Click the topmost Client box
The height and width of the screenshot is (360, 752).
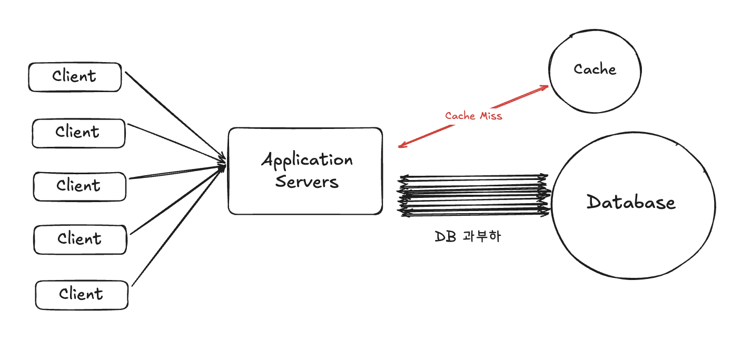click(x=75, y=77)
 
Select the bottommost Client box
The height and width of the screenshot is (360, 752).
click(x=82, y=295)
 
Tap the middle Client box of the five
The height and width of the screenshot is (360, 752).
click(x=80, y=186)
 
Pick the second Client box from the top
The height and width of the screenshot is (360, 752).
click(x=78, y=133)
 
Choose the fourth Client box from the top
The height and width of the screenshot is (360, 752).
click(x=80, y=240)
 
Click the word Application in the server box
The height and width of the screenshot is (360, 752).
click(x=307, y=160)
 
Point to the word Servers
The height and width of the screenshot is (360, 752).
click(x=307, y=182)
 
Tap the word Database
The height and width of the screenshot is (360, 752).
click(x=631, y=203)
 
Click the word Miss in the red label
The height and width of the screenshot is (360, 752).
click(x=490, y=116)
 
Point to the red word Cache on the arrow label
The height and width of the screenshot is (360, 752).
click(x=460, y=116)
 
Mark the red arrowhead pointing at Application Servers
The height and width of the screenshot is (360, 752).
click(x=402, y=146)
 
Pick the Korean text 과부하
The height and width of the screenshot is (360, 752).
click(x=482, y=236)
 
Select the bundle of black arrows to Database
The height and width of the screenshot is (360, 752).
click(x=474, y=195)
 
